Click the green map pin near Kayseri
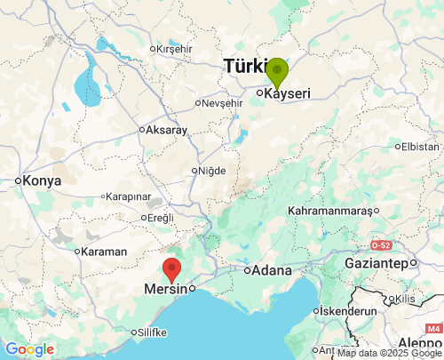[x=277, y=72]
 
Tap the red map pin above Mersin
[x=172, y=268]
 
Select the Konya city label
[x=42, y=180]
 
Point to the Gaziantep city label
[x=379, y=264]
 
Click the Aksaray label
[x=166, y=130]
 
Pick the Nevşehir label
[x=221, y=103]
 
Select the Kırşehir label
[x=174, y=49]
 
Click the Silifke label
[x=153, y=332]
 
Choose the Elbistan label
[x=420, y=146]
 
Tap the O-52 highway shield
[x=381, y=244]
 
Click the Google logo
[x=28, y=349]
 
